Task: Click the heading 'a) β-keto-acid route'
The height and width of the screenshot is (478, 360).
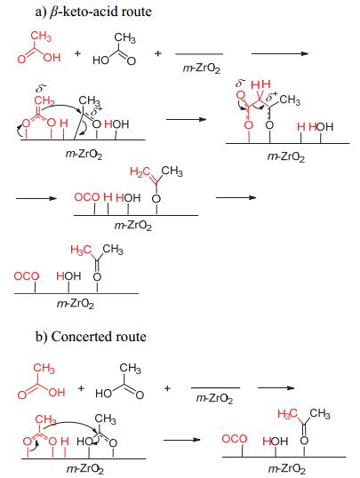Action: (x=93, y=12)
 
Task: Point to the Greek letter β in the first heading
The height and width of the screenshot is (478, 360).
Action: (x=53, y=12)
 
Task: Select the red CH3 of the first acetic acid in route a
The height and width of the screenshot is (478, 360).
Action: (x=41, y=36)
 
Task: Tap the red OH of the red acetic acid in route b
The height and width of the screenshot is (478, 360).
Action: (x=57, y=392)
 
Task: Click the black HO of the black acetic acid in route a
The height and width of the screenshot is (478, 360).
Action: (x=100, y=60)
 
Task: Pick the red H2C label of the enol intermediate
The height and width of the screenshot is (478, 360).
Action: (x=140, y=172)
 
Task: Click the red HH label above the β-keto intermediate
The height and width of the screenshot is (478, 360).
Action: (x=260, y=84)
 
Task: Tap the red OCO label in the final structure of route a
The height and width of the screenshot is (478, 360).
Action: (x=27, y=276)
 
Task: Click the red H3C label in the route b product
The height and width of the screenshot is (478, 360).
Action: (x=287, y=414)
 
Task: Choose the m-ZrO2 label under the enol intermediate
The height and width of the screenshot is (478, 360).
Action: (x=133, y=226)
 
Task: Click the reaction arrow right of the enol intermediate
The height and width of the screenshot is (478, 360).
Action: (x=236, y=197)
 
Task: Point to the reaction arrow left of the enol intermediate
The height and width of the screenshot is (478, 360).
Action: (x=36, y=198)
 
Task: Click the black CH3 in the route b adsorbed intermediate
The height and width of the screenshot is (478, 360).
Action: (x=105, y=418)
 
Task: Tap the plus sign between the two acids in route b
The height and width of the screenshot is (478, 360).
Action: (x=81, y=388)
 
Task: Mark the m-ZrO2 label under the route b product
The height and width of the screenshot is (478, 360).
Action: (x=286, y=469)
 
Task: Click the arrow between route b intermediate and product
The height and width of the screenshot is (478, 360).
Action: (x=182, y=440)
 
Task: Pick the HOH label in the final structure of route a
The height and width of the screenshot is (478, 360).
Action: (x=68, y=276)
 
